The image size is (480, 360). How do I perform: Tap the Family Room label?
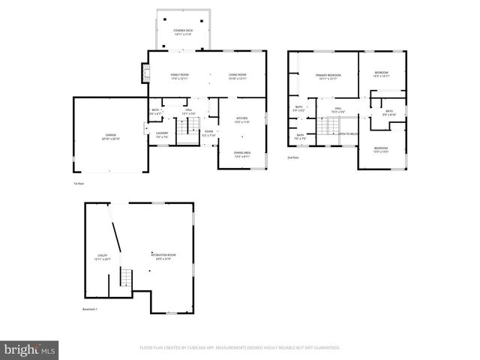[179, 76]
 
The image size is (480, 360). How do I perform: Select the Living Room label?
[238, 76]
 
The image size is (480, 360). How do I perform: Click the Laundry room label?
[162, 135]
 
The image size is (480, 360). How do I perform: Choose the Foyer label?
[209, 132]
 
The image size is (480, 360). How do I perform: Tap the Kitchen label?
[242, 120]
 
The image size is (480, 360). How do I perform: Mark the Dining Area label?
[242, 154]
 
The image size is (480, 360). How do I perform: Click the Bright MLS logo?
[30, 349]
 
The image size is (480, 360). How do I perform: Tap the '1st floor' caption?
[79, 183]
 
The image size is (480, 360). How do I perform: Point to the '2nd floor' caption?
[293, 157]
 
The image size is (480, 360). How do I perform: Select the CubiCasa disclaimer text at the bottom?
[240, 348]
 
